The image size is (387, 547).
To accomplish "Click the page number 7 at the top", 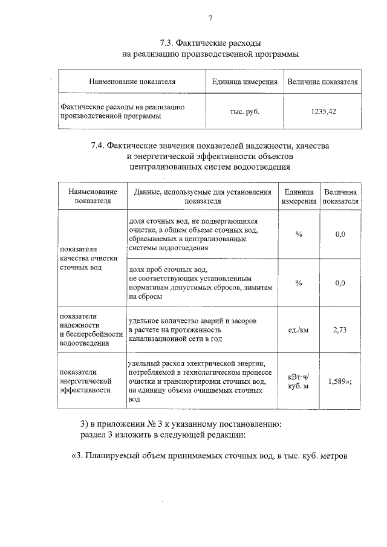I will pos(210,18).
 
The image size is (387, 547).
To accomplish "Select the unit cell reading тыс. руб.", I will pos(244,112).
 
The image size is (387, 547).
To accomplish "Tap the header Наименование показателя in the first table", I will pos(132,82).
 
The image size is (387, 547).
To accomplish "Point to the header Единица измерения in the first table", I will pos(245,82).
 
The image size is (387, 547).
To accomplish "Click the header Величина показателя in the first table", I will pos(323,82).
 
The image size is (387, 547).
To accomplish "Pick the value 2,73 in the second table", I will pos(339,330).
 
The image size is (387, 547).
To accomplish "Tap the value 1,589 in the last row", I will pos(337,382).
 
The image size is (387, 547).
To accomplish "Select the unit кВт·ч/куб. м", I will pos(299,381).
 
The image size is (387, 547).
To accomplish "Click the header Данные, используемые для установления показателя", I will pos(203,196).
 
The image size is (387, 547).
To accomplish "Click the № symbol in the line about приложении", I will pos(143,422).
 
